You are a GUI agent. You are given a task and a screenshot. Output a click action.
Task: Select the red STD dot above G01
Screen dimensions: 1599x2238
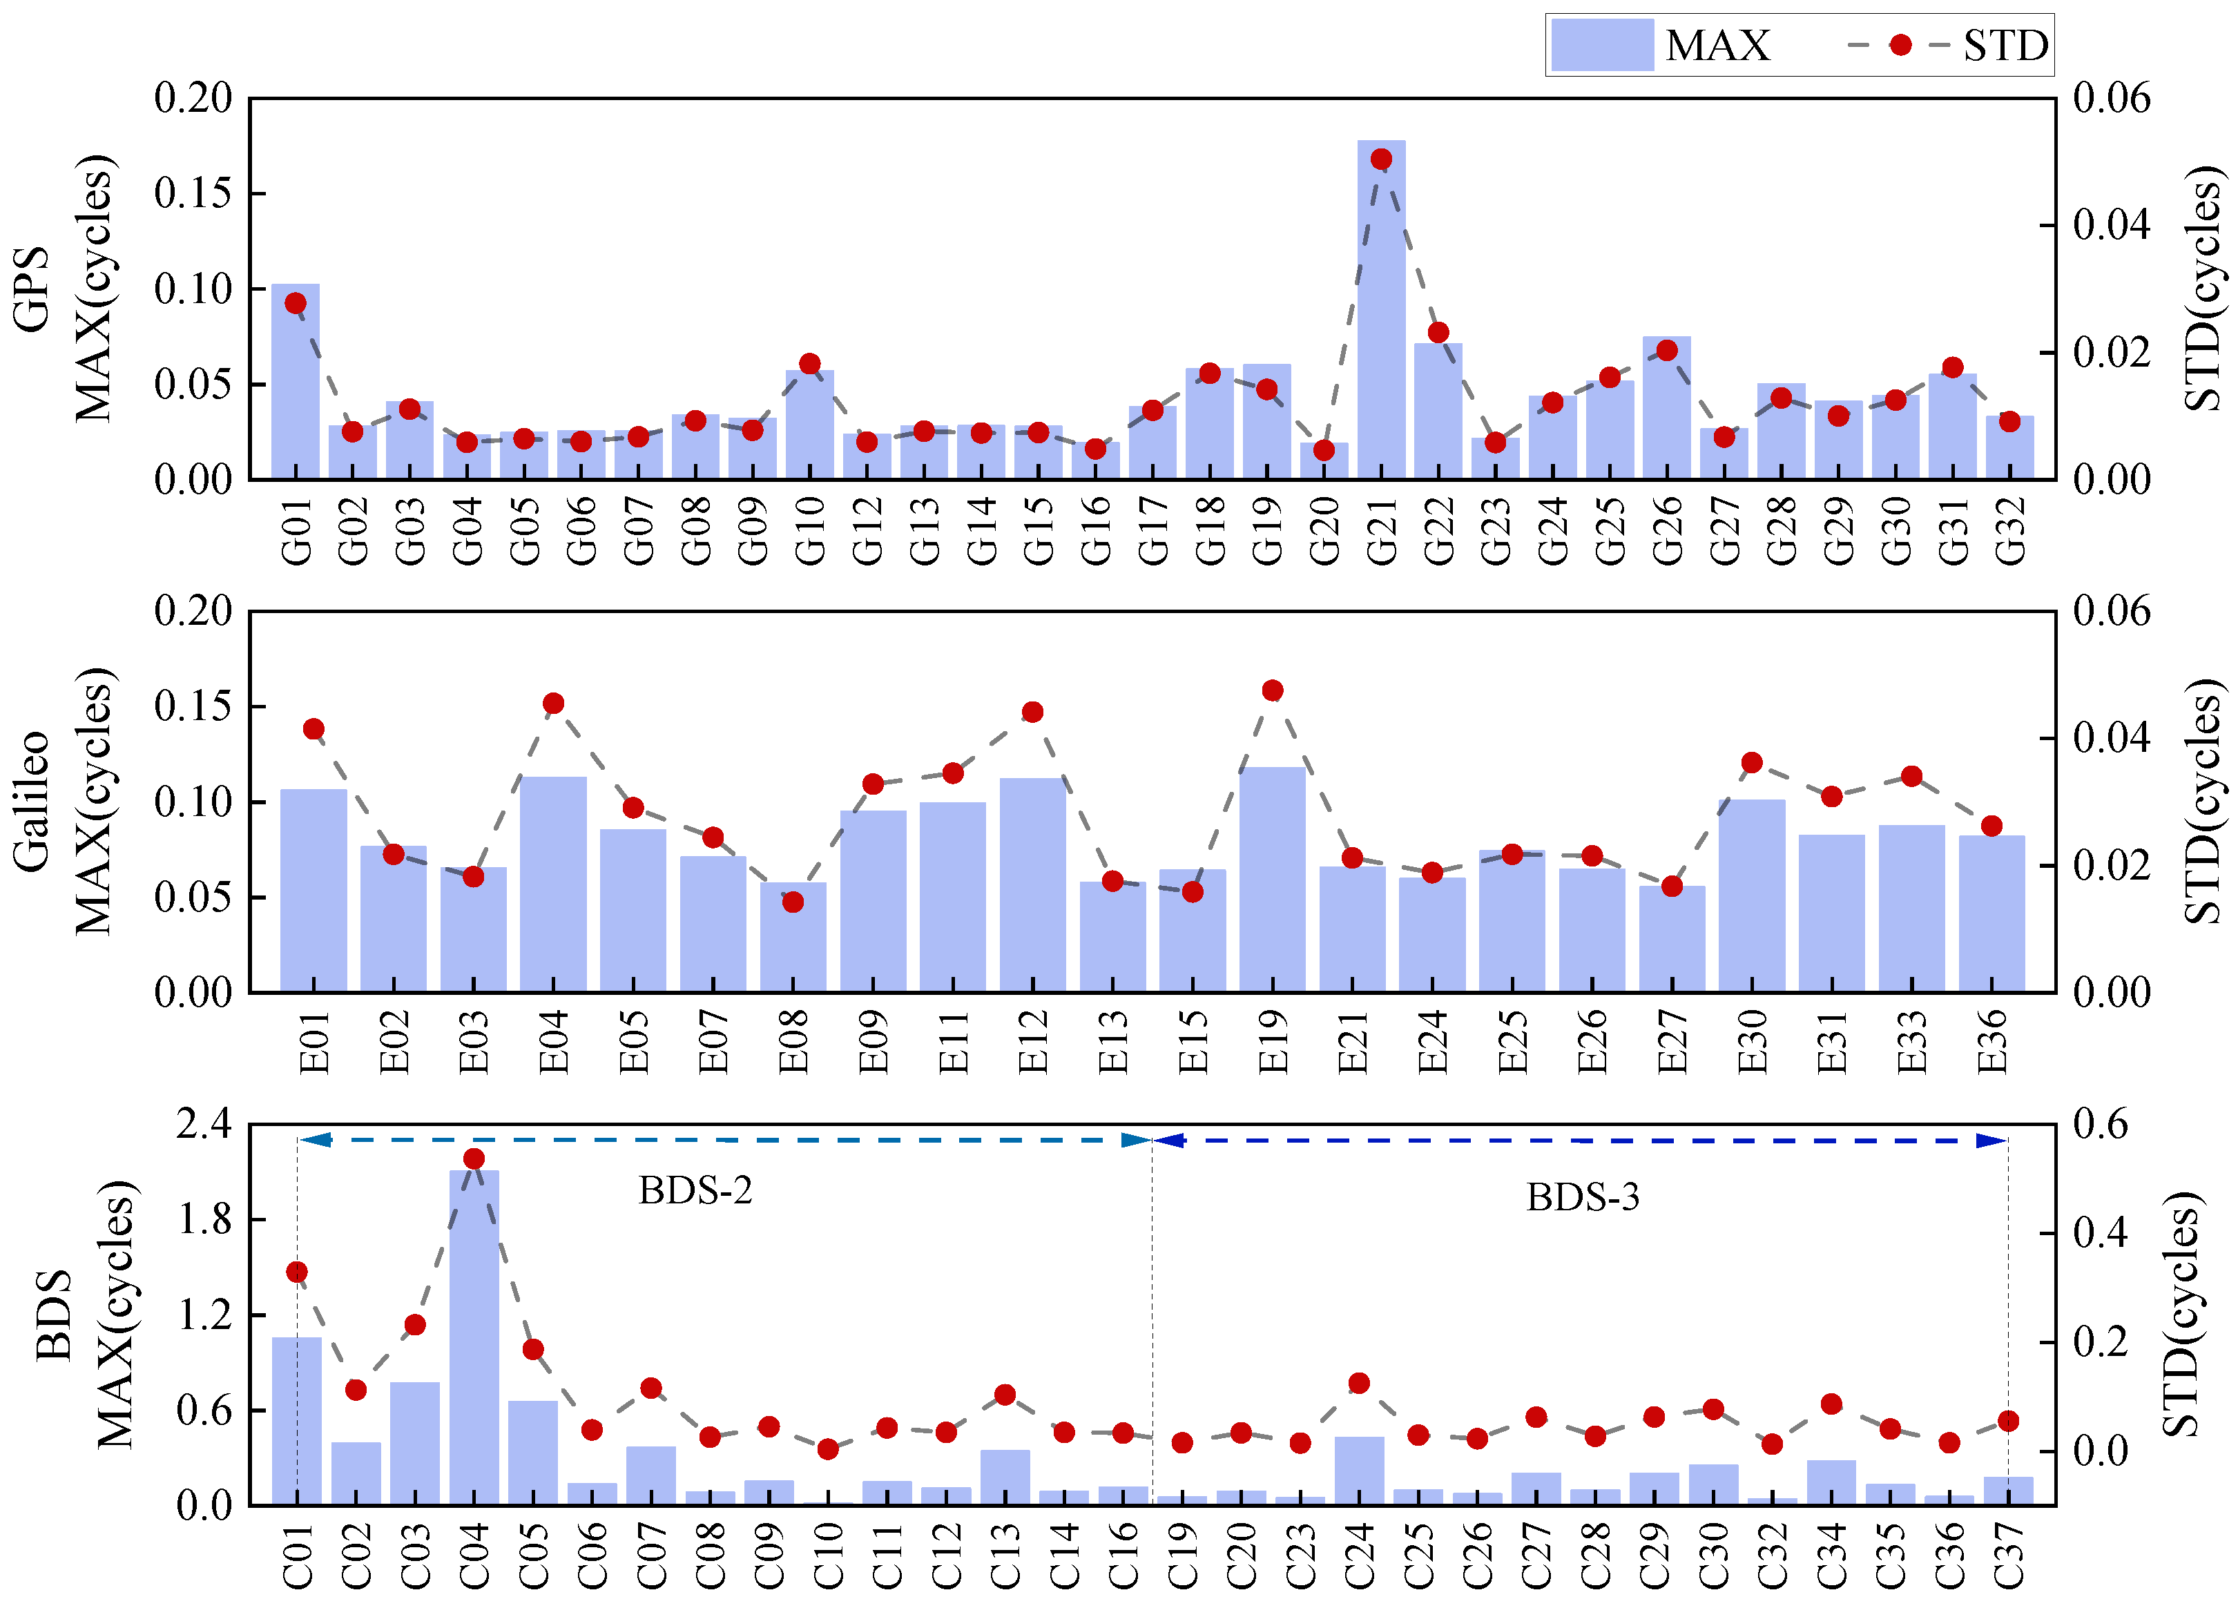tap(296, 303)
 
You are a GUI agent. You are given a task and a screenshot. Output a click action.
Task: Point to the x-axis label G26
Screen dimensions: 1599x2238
tap(1667, 532)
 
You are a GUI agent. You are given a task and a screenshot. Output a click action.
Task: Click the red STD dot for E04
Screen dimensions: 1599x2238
tap(553, 703)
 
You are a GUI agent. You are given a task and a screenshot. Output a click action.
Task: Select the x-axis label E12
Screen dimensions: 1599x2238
tap(1033, 1042)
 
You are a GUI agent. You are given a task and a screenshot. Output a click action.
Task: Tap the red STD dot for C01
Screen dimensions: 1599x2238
tap(296, 1272)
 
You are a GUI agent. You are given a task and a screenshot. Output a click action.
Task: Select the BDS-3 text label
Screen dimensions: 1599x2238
tap(1582, 1197)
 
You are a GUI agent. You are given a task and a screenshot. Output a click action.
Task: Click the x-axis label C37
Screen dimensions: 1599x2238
tap(2009, 1556)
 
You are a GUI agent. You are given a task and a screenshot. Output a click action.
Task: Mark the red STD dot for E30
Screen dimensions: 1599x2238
tap(1752, 763)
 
